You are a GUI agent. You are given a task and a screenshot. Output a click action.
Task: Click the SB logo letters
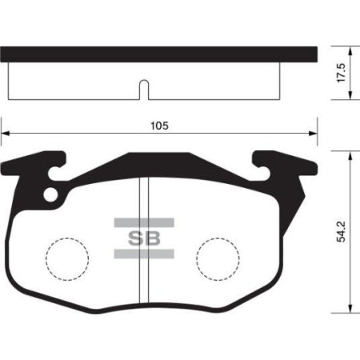pyautogui.click(x=144, y=237)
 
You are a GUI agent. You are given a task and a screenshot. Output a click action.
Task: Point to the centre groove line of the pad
pyautogui.click(x=142, y=272)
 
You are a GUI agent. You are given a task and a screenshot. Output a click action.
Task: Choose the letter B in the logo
pyautogui.click(x=153, y=237)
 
